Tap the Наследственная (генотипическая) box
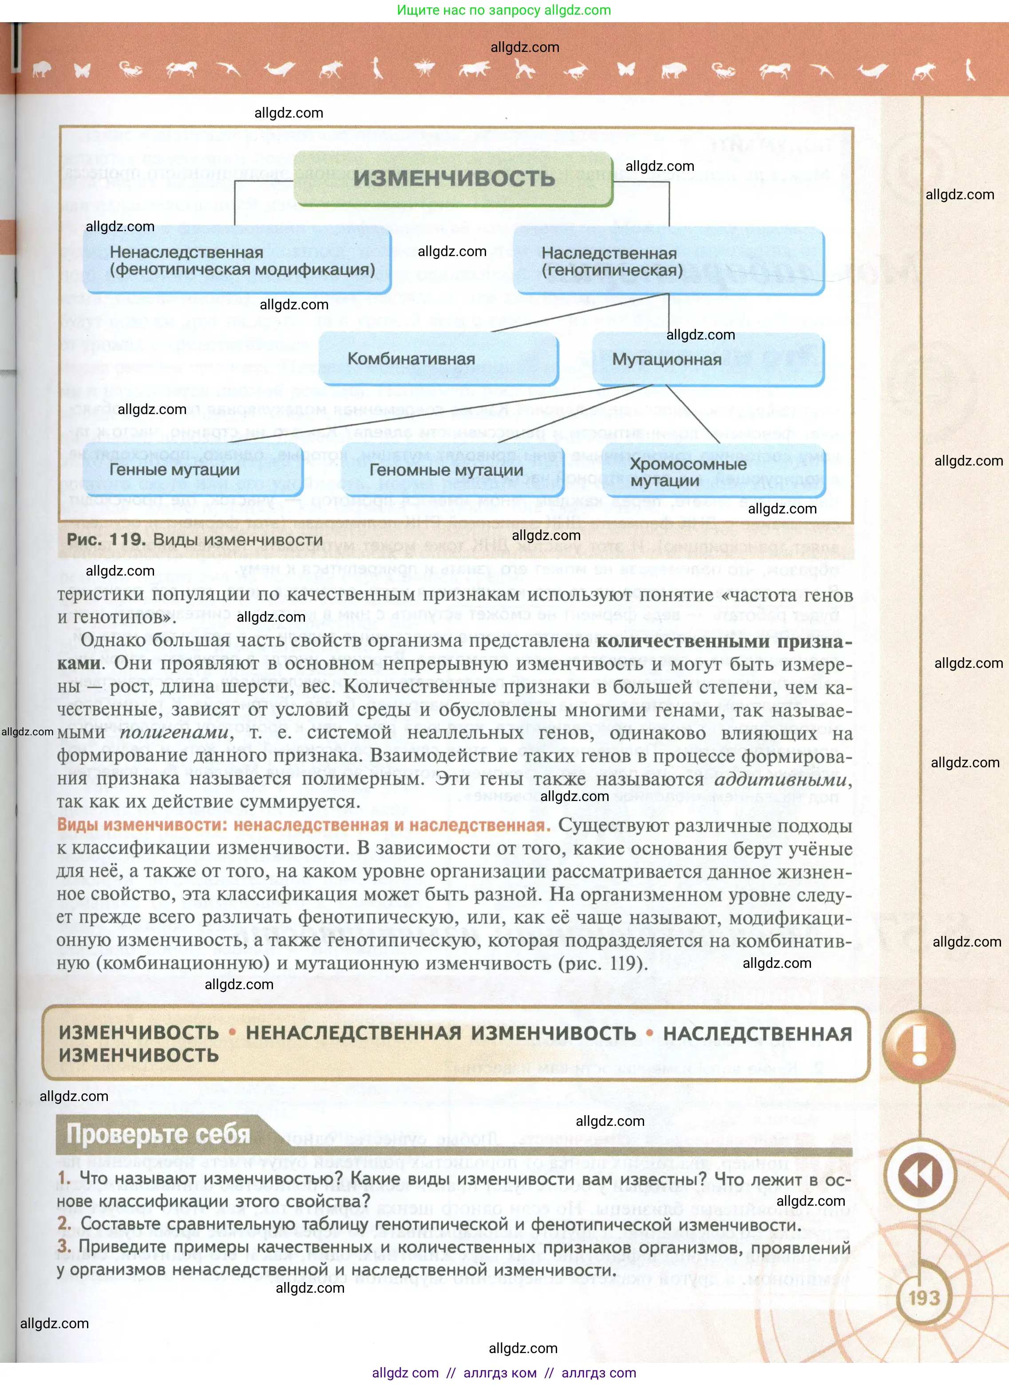[669, 261]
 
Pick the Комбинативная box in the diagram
[439, 359]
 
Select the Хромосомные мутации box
[713, 471]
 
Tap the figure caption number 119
[127, 540]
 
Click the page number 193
[923, 1297]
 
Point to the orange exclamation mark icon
[919, 1045]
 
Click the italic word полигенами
[174, 732]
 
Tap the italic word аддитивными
[780, 779]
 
